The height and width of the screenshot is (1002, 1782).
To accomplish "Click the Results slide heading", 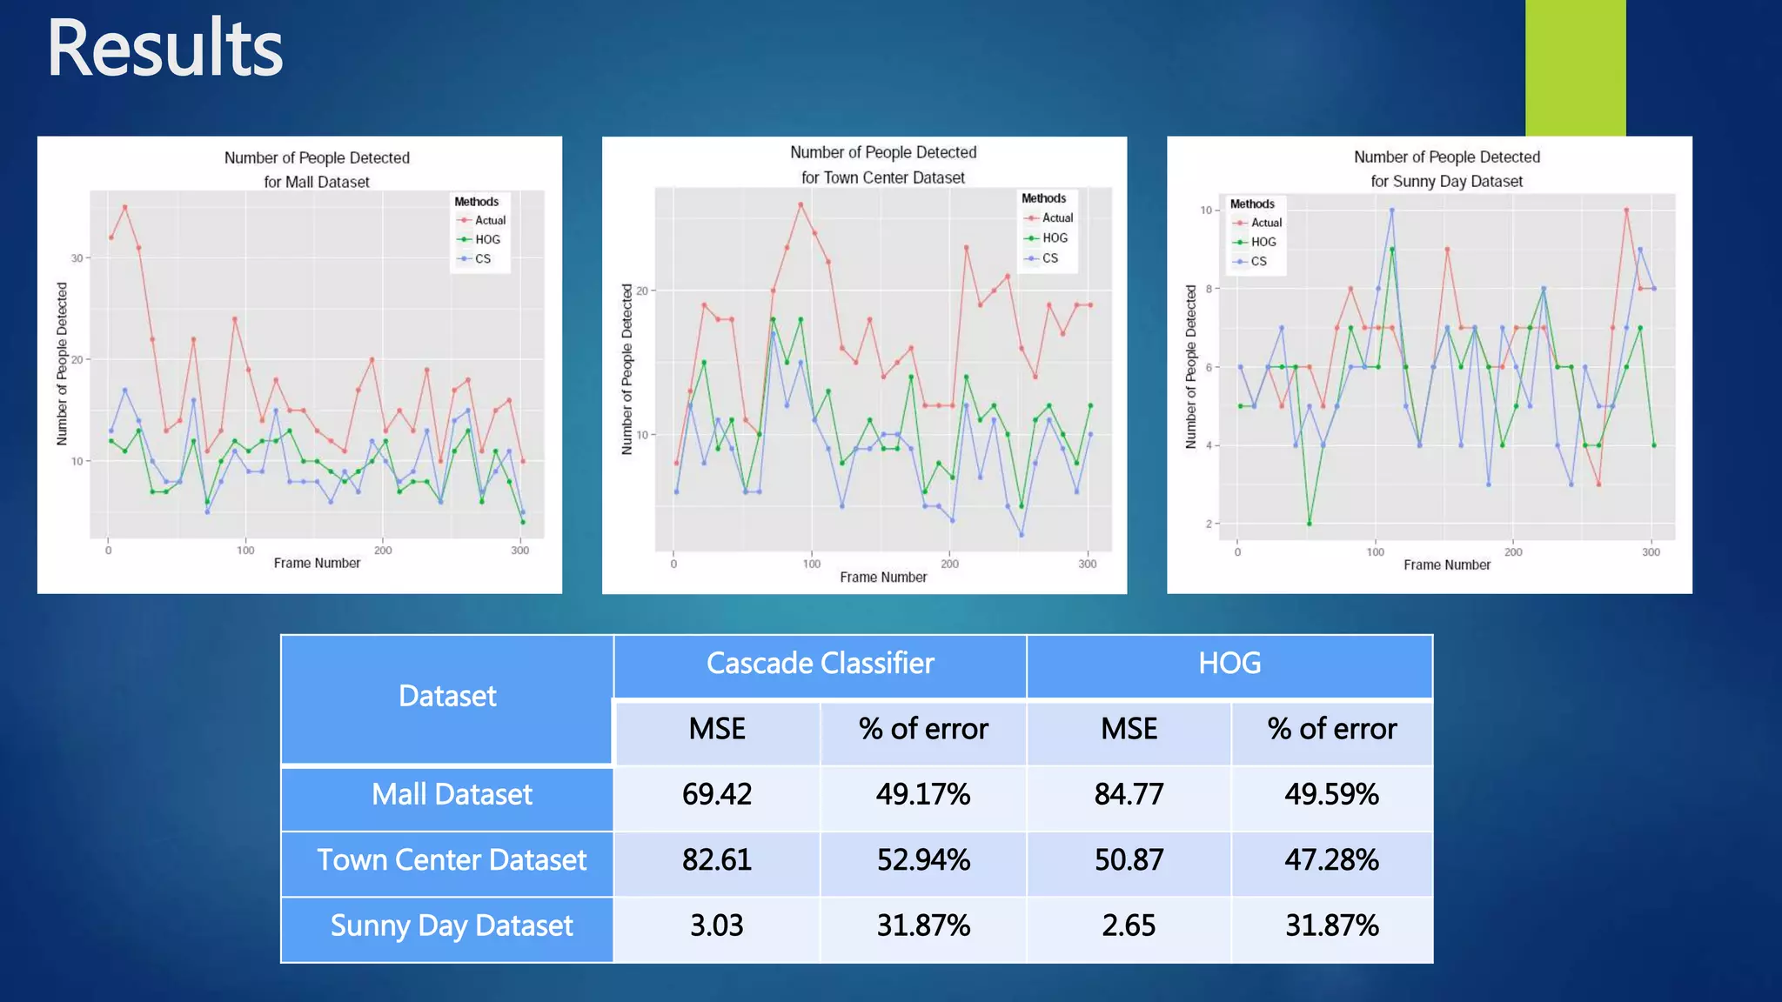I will pyautogui.click(x=165, y=49).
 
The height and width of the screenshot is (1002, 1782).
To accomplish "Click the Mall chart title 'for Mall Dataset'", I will pyautogui.click(x=317, y=182).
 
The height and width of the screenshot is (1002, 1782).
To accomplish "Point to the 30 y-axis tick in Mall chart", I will pyautogui.click(x=77, y=258).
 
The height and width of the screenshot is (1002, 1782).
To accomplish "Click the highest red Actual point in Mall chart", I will pyautogui.click(x=125, y=207).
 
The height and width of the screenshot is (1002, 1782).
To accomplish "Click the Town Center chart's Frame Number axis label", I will pyautogui.click(x=883, y=577).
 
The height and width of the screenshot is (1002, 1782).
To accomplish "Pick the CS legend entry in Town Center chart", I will pyautogui.click(x=1049, y=258).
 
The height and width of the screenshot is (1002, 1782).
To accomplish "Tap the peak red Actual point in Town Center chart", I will pyautogui.click(x=801, y=204).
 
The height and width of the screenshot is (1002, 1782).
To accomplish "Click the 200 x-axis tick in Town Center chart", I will pyautogui.click(x=949, y=564).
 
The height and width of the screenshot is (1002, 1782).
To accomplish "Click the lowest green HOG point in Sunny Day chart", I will pyautogui.click(x=1309, y=524).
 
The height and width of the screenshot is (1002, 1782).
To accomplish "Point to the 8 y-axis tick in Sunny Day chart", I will pyautogui.click(x=1209, y=289).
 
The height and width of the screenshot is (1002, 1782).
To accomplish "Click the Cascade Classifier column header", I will pyautogui.click(x=820, y=664).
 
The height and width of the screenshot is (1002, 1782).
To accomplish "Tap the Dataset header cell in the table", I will pyautogui.click(x=447, y=697).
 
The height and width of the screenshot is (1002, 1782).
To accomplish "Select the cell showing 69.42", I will pyautogui.click(x=716, y=794).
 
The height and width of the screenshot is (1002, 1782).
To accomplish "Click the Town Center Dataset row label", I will pyautogui.click(x=451, y=860).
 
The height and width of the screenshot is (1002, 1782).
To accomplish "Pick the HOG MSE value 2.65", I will pyautogui.click(x=1129, y=925).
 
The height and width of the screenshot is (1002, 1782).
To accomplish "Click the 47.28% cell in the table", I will pyautogui.click(x=1331, y=860).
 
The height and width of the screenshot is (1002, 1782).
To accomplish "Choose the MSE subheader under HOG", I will pyautogui.click(x=1129, y=729).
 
